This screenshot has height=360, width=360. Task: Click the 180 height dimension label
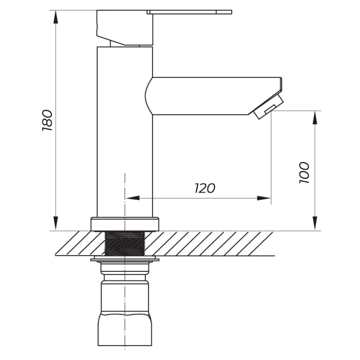pyautogui.click(x=48, y=120)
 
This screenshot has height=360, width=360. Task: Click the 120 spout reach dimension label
pyautogui.click(x=205, y=188)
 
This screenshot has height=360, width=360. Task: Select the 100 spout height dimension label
pyautogui.click(x=304, y=173)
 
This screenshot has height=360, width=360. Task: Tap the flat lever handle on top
pyautogui.click(x=189, y=12)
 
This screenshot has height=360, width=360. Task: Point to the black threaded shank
pyautogui.click(x=125, y=243)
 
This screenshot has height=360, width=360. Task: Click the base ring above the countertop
pyautogui.click(x=125, y=224)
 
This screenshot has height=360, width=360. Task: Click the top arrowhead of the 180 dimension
pyautogui.click(x=55, y=17)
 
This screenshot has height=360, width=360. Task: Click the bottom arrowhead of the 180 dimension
pyautogui.click(x=55, y=224)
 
